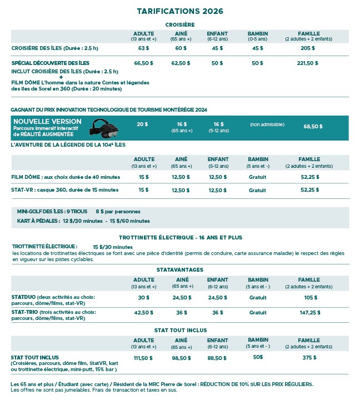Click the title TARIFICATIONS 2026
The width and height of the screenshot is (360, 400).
[180, 11]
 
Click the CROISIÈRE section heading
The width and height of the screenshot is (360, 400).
[180, 24]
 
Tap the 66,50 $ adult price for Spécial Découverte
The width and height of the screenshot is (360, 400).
[144, 63]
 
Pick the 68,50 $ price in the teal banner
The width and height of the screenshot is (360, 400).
[313, 127]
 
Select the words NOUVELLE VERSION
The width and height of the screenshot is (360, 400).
[47, 122]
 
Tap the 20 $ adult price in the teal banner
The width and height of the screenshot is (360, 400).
[142, 124]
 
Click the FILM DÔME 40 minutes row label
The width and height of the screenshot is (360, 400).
[66, 177]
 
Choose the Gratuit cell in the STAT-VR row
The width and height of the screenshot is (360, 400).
[258, 190]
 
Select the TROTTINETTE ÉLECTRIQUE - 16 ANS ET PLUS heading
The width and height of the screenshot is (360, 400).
[180, 237]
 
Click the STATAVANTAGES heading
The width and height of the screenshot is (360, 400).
[180, 269]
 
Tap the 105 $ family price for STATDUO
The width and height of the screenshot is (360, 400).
[311, 297]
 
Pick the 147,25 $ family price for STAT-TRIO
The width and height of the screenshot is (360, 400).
[311, 313]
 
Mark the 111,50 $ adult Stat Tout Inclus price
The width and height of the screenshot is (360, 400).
[143, 358]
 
